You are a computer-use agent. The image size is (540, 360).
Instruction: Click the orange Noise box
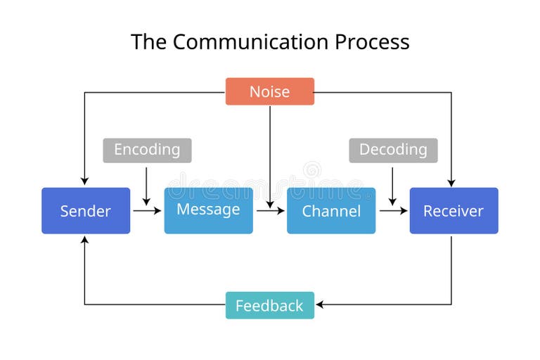point(269,91)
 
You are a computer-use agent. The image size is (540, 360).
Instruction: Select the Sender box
point(86,210)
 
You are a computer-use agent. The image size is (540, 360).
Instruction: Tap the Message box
point(208,210)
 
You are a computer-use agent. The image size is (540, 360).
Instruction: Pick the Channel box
point(330,210)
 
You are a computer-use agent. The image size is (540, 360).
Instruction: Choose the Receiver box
point(454,210)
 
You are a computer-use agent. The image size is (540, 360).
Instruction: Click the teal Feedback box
point(269,305)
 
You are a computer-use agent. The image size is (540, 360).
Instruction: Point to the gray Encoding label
point(147,150)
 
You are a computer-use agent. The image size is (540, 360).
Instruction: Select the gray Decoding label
point(393,150)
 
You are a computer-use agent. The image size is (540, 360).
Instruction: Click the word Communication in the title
point(251,42)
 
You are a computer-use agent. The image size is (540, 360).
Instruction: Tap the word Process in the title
point(372,42)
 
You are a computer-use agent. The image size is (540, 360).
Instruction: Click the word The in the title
point(148,42)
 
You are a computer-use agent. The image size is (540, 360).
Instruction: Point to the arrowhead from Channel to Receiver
point(404,210)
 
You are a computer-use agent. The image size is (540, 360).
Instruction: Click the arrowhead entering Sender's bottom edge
point(84,240)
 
